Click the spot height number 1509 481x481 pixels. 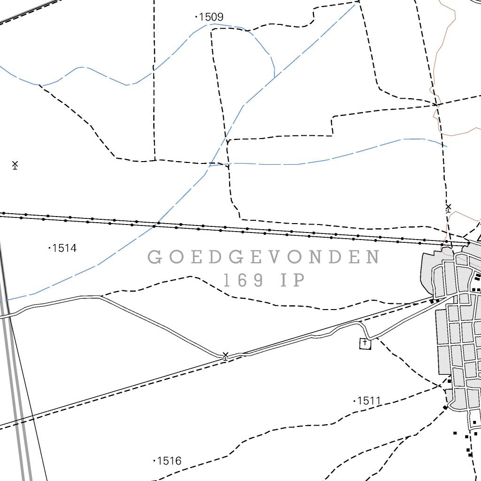(x=211, y=17)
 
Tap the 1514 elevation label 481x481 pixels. (x=64, y=248)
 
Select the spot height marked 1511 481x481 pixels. (x=369, y=401)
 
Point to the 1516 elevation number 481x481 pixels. (x=169, y=461)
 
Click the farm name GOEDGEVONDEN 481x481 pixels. (x=264, y=257)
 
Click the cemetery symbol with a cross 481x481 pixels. (x=365, y=344)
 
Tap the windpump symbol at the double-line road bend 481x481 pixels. (x=225, y=356)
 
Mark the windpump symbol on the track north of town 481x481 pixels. (x=448, y=208)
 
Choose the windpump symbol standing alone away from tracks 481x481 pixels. (x=15, y=165)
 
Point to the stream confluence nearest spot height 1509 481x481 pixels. (x=274, y=77)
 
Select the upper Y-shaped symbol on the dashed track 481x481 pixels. (x=228, y=142)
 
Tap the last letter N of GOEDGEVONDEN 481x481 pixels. (x=374, y=257)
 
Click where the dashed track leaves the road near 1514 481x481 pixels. (x=101, y=296)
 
